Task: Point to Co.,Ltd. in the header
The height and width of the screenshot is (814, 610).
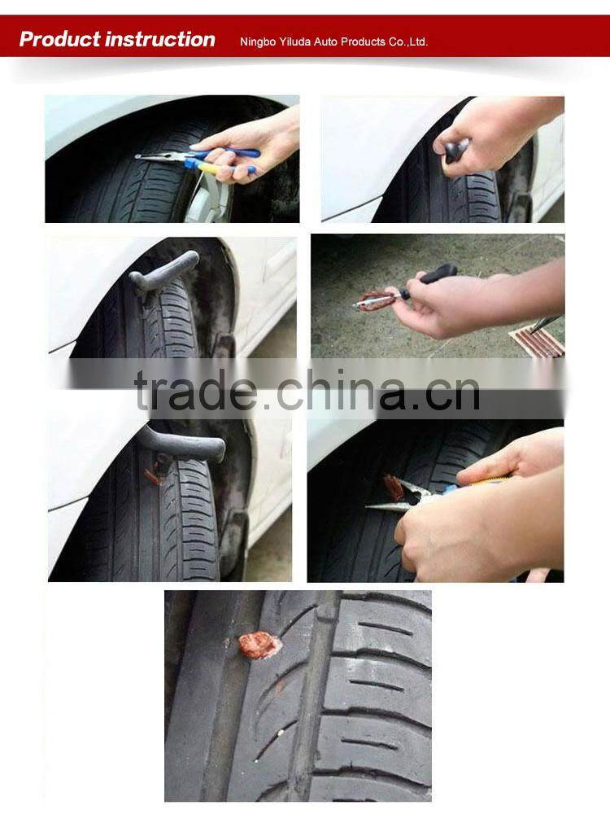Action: (405, 42)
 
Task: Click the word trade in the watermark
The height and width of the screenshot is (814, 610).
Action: (195, 392)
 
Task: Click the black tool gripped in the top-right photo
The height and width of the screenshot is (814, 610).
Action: (456, 150)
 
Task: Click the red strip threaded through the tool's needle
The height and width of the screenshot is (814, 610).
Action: (377, 300)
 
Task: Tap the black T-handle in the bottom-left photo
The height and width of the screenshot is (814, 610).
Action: (183, 444)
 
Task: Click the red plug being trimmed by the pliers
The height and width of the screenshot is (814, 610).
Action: (394, 487)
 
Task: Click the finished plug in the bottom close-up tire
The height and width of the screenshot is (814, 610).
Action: (260, 646)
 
